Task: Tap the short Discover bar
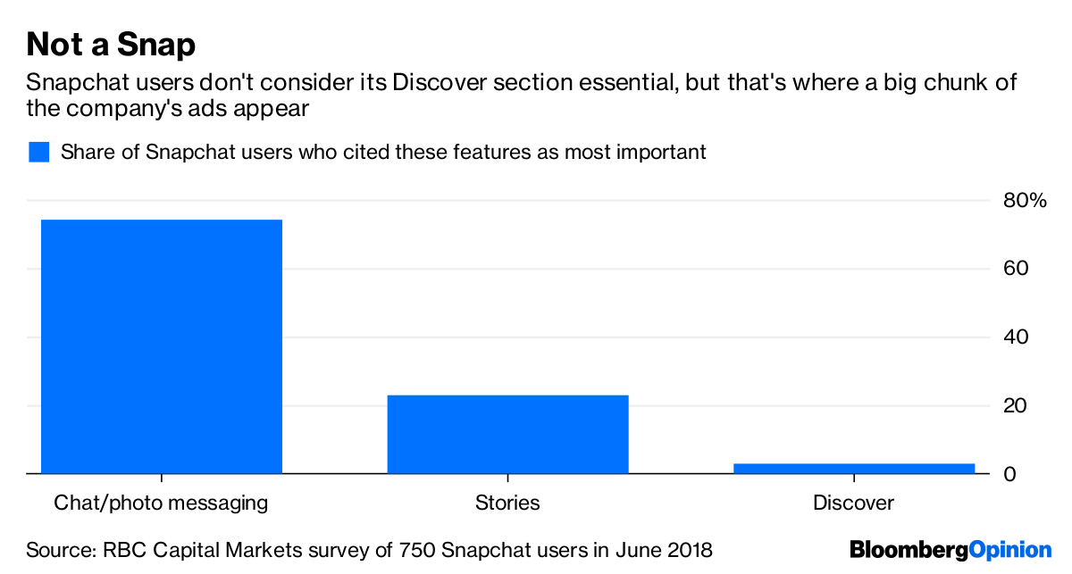pyautogui.click(x=853, y=468)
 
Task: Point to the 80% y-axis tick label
pyautogui.click(x=1024, y=200)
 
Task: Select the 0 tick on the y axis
pyautogui.click(x=1009, y=474)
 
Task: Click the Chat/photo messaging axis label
pyautogui.click(x=161, y=503)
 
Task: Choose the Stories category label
pyautogui.click(x=507, y=503)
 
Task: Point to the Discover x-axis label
pyautogui.click(x=853, y=503)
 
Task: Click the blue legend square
pyautogui.click(x=38, y=152)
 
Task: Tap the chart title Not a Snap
pyautogui.click(x=111, y=44)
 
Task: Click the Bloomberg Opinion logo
pyautogui.click(x=951, y=549)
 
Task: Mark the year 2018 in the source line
pyautogui.click(x=689, y=549)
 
